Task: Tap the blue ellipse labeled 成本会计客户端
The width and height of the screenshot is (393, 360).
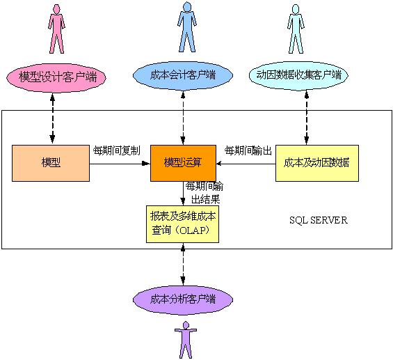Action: (x=183, y=74)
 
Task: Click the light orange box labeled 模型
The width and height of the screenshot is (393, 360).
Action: (x=51, y=163)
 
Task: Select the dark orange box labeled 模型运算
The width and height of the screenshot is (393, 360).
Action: (x=183, y=163)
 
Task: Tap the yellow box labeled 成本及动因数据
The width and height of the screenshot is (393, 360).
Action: (x=316, y=163)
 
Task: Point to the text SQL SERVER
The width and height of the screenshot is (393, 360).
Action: (x=319, y=220)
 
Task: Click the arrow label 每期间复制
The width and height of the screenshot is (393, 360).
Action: (x=116, y=150)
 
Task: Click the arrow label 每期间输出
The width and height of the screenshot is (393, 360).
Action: (x=248, y=150)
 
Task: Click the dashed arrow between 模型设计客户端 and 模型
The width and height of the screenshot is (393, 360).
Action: (x=53, y=118)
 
